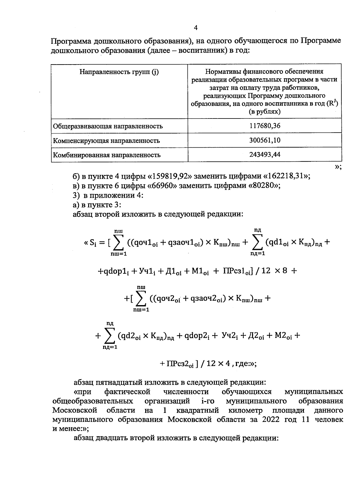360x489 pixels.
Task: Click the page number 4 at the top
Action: (196, 28)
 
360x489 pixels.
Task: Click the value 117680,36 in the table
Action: (265, 126)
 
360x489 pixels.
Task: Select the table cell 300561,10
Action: (265, 140)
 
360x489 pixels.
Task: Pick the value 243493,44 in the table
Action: (265, 154)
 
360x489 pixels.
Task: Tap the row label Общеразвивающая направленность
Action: (108, 126)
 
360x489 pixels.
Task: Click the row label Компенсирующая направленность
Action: (106, 141)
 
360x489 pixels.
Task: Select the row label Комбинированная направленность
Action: (107, 155)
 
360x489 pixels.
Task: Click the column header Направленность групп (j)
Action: (119, 72)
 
